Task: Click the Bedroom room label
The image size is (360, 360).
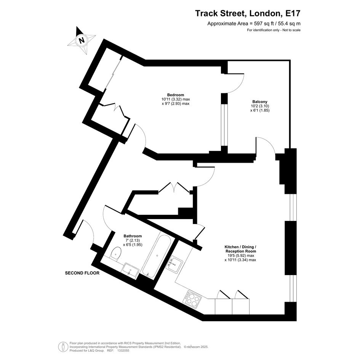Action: click(175, 95)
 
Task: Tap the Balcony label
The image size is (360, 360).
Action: click(260, 101)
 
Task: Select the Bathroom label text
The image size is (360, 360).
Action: click(133, 236)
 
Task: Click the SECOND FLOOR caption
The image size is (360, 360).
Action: click(82, 273)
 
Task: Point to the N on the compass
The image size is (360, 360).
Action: click(82, 40)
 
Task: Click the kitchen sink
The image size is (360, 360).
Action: click(175, 264)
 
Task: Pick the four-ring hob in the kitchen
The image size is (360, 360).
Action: click(192, 299)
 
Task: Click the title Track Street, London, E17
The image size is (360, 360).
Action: click(248, 13)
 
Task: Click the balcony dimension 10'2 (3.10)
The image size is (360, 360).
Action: click(260, 106)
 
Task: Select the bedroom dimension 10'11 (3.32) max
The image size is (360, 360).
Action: click(176, 99)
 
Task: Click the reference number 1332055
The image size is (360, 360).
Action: click(124, 351)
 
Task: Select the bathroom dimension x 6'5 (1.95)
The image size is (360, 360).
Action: click(133, 245)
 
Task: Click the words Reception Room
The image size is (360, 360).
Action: click(240, 251)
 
